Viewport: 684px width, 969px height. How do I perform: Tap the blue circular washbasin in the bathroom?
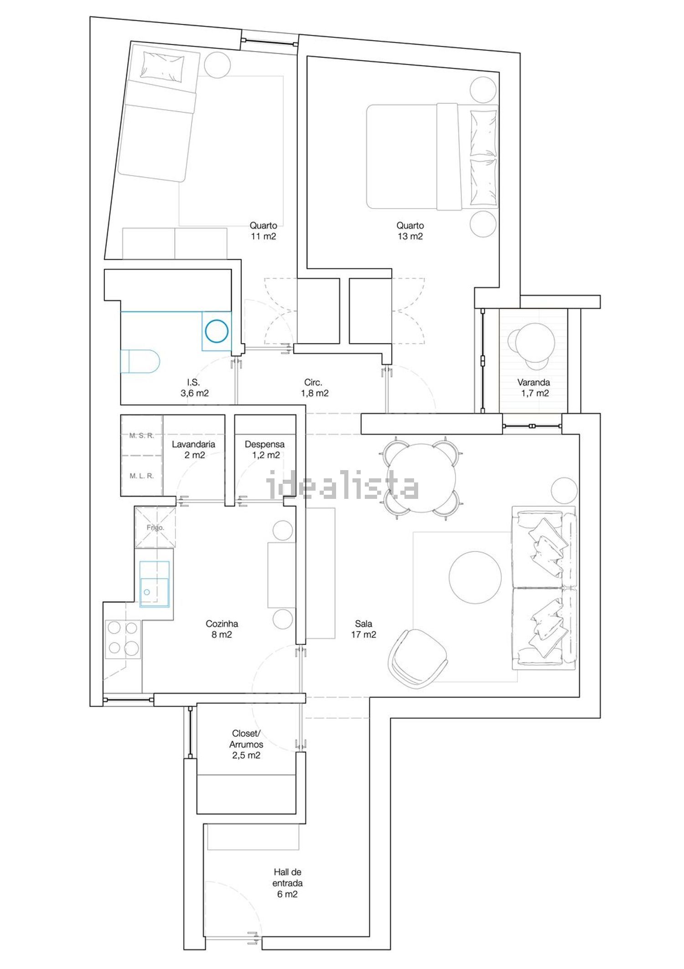coord(217,331)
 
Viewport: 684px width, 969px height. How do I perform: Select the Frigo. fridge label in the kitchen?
coord(155,528)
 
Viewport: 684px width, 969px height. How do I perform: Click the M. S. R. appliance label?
coord(142,435)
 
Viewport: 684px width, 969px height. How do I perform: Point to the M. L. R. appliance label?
coord(142,476)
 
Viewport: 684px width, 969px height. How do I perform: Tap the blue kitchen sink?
coord(155,584)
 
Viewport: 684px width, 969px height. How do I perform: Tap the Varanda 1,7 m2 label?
coord(534,388)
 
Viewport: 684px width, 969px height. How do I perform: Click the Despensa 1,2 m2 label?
coord(265,450)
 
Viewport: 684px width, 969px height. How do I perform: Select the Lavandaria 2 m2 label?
coord(194,450)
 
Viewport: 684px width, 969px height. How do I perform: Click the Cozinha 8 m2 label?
coord(222,629)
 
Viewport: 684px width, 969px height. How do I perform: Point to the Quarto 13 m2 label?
coord(410,230)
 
